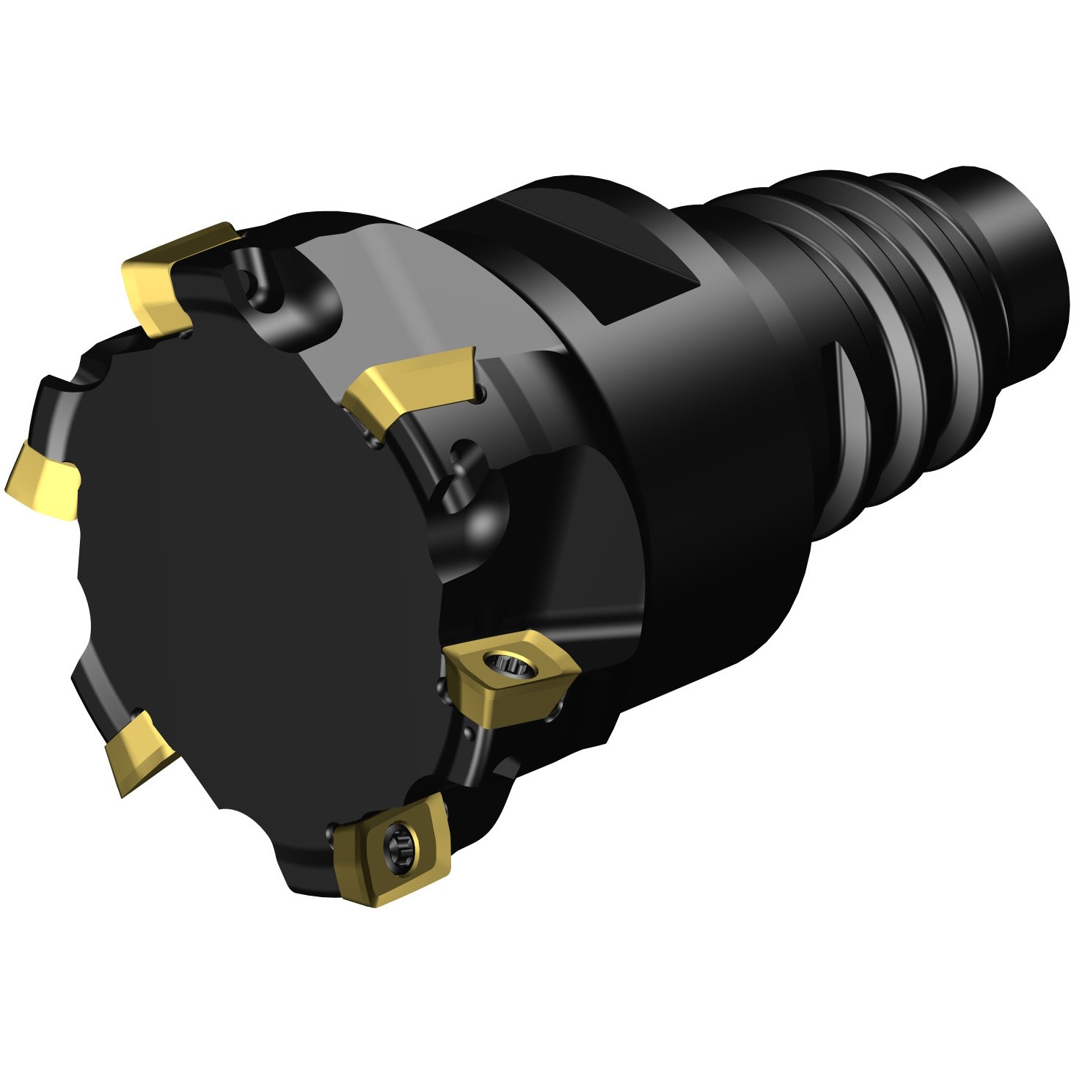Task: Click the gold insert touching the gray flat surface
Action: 411,389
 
